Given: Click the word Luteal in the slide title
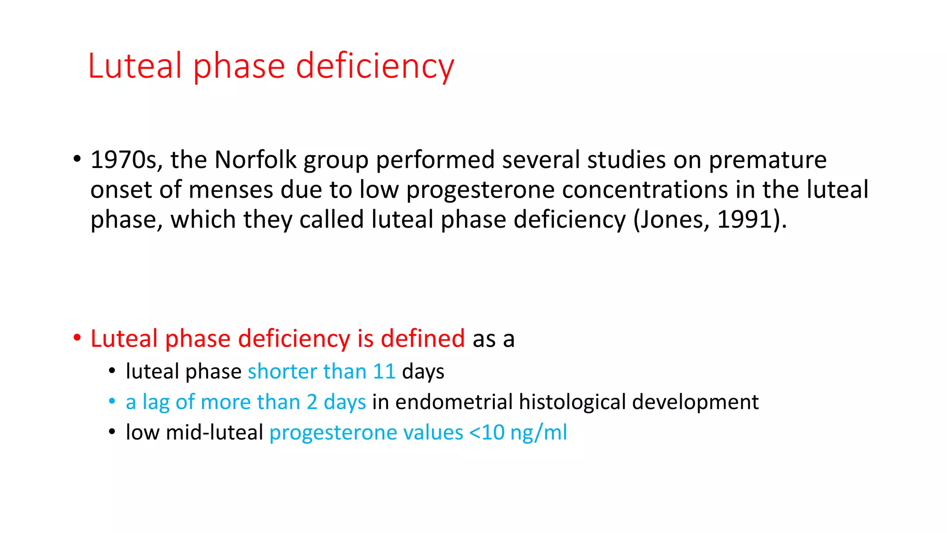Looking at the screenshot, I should (x=135, y=66).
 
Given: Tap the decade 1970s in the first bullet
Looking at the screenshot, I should (x=126, y=160).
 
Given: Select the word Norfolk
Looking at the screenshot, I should (x=255, y=160).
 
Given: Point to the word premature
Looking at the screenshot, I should (x=768, y=160).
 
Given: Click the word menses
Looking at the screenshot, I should (x=231, y=190).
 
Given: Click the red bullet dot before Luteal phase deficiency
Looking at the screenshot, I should (x=77, y=338).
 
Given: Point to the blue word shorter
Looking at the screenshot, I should (x=282, y=372).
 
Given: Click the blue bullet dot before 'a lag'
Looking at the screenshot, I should (x=112, y=401).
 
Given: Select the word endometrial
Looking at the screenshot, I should (x=454, y=402).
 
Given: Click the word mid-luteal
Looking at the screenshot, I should (x=214, y=433).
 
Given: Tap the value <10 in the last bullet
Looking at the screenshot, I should (x=486, y=433).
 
